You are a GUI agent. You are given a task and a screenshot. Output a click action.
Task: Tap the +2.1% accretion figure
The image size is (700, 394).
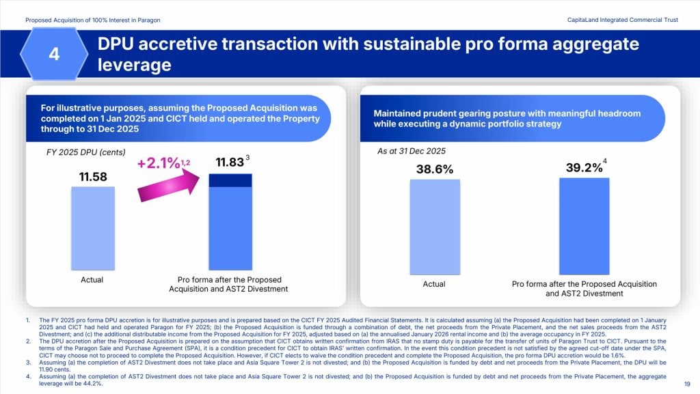pyautogui.click(x=159, y=163)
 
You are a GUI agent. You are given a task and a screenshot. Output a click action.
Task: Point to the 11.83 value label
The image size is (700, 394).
pyautogui.click(x=229, y=163)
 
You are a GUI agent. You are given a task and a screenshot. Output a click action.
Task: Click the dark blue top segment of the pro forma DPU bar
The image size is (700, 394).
pyautogui.click(x=230, y=180)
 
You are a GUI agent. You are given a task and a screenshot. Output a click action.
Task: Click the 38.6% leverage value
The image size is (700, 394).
pyautogui.click(x=435, y=169)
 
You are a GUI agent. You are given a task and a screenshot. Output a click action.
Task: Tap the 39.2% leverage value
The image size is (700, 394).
pyautogui.click(x=584, y=168)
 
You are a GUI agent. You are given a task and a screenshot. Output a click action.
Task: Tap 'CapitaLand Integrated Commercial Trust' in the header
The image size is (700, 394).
pyautogui.click(x=622, y=20)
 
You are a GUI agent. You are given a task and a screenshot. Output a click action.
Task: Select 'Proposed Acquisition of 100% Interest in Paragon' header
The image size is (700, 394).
pyautogui.click(x=92, y=20)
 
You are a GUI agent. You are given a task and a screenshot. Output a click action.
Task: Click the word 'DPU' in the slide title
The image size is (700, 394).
pyautogui.click(x=120, y=44)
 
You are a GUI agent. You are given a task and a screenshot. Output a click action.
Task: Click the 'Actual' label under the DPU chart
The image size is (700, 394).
pyautogui.click(x=92, y=280)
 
